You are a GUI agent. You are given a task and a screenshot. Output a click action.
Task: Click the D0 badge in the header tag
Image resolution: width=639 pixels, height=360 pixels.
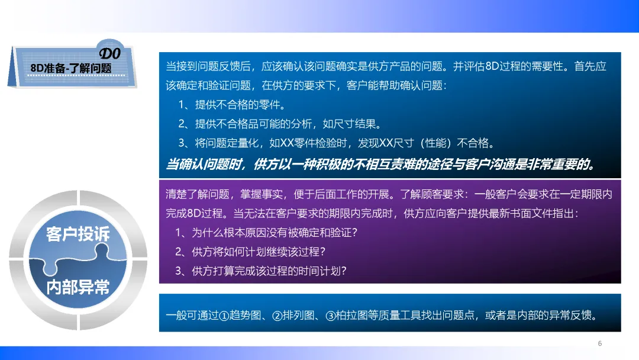tap(110, 53)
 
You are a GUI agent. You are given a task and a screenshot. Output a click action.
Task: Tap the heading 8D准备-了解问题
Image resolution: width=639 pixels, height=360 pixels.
tap(71, 68)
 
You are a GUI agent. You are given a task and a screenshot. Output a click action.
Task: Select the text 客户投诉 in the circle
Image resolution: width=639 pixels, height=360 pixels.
tap(78, 234)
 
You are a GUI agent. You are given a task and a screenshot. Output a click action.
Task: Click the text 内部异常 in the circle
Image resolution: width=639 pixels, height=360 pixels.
tap(78, 287)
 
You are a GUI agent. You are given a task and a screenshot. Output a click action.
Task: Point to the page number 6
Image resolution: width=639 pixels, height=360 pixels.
tap(600, 343)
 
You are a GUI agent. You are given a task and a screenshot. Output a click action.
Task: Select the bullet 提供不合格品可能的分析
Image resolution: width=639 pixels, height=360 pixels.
tap(281, 124)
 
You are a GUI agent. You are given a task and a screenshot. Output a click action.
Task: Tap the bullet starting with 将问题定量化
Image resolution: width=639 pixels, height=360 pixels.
tap(337, 143)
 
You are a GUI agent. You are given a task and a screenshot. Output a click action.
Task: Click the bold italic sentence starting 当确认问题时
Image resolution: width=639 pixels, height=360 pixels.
tap(381, 164)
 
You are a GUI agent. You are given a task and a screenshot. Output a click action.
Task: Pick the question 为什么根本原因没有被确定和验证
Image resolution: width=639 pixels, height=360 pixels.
tap(266, 232)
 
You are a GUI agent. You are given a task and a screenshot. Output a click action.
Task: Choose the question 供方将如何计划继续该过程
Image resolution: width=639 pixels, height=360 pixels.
tap(251, 252)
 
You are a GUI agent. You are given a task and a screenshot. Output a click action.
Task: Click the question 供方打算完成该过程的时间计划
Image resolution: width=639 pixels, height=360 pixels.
tap(262, 271)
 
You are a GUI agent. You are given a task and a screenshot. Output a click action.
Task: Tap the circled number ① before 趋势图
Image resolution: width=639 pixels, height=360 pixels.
tap(224, 316)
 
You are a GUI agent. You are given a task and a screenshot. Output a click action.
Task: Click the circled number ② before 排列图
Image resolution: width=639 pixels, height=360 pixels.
tap(277, 316)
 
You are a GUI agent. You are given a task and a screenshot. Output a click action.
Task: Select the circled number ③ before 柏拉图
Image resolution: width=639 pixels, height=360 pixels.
tap(330, 316)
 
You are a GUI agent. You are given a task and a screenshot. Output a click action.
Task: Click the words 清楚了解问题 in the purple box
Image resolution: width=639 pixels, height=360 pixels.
tap(197, 194)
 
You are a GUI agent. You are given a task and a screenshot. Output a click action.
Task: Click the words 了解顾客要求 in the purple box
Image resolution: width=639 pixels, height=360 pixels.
tap(431, 194)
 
